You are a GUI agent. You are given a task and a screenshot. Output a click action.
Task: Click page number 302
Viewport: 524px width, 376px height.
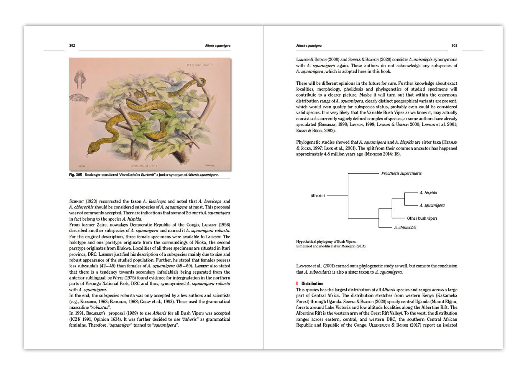(x=72, y=46)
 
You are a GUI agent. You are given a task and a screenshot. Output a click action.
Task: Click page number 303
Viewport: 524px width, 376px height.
(x=454, y=46)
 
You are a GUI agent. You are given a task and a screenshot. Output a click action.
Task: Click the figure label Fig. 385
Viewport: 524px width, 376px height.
(x=76, y=175)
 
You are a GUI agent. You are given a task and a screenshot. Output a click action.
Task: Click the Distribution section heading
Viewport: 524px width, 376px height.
(x=310, y=283)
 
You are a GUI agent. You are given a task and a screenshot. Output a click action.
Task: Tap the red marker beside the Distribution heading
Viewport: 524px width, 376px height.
(x=297, y=283)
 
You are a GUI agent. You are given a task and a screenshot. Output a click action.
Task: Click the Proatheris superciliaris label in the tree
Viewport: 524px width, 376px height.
(x=401, y=173)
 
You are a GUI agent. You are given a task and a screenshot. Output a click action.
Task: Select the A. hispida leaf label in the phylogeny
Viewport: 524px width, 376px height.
(x=428, y=193)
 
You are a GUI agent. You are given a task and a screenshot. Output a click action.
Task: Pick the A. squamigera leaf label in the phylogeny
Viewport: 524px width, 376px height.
(x=432, y=206)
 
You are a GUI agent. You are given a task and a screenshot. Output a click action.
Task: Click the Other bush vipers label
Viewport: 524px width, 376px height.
(x=422, y=218)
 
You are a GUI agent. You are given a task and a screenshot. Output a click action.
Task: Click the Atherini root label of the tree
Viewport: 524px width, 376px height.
(x=318, y=195)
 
